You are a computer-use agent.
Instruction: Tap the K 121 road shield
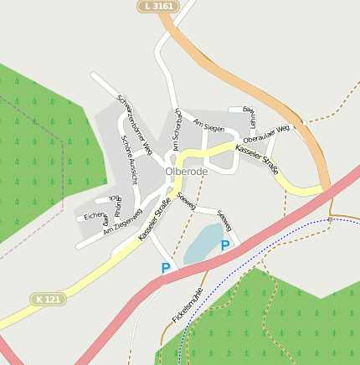click(x=49, y=299)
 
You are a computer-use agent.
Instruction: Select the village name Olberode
click(x=186, y=172)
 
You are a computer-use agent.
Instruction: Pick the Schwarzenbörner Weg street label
click(x=135, y=124)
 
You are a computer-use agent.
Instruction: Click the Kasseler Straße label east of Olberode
click(x=257, y=153)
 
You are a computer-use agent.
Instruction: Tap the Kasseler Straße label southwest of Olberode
click(x=155, y=219)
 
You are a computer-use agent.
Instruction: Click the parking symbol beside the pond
click(x=224, y=245)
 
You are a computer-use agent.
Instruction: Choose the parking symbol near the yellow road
click(x=166, y=268)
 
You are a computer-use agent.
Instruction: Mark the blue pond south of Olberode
click(x=201, y=244)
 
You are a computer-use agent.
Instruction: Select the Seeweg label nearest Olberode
click(x=186, y=202)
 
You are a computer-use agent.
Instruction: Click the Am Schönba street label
click(x=177, y=131)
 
